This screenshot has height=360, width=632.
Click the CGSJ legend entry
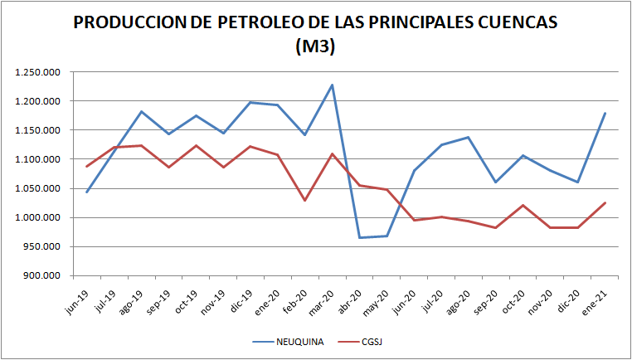tap(369, 340)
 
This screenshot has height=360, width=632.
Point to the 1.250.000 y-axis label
tap(37, 72)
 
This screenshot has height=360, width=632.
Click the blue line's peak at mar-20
tap(332, 85)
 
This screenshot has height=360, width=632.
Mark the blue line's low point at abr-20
tap(359, 237)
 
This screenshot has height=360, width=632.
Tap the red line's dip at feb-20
tap(304, 200)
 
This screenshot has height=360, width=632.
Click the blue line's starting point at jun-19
tap(87, 192)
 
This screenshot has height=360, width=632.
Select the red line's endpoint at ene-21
tap(605, 202)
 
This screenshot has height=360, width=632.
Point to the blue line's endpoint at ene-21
tap(605, 113)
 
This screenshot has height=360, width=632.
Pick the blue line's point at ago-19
tap(142, 111)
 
